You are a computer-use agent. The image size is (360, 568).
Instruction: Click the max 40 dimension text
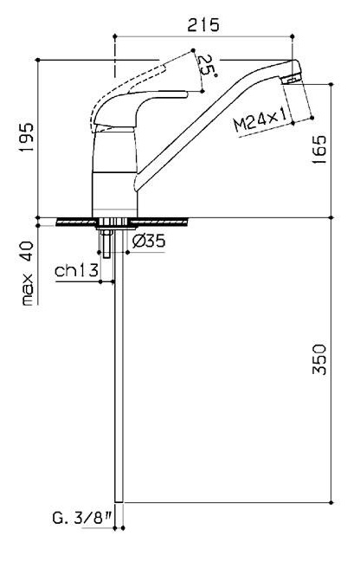tap(28, 273)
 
